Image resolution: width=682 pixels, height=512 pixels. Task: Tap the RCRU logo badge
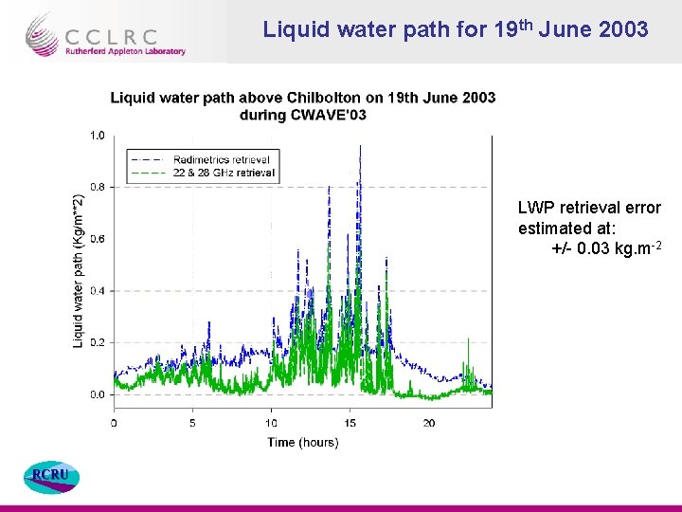(51, 477)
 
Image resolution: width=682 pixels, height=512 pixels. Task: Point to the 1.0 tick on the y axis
(98, 136)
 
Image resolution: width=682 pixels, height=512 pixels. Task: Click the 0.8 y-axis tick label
(98, 187)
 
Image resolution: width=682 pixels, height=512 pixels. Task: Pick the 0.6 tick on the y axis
(98, 239)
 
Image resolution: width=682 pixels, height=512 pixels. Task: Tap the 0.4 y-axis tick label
(98, 290)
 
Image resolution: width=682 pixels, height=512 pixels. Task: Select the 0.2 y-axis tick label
(98, 342)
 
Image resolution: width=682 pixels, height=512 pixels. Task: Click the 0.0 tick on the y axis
(98, 393)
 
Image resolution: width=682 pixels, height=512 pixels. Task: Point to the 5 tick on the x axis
(192, 423)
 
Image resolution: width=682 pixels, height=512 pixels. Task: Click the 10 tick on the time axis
(272, 423)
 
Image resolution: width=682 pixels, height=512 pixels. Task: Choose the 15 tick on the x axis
(350, 423)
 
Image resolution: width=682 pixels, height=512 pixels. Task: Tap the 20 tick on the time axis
(429, 423)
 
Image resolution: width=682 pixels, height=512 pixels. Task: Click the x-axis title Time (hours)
(302, 442)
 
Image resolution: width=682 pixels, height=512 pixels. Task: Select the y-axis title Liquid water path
(79, 270)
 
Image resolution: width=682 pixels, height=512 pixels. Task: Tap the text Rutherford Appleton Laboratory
(125, 51)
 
